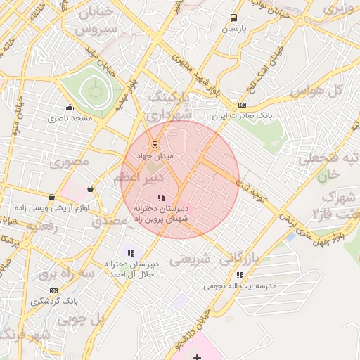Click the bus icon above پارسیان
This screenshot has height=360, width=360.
point(233,18)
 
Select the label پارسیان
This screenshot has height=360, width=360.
point(233,30)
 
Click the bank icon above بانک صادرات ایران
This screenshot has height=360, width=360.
point(243,105)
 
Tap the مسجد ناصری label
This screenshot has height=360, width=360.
point(70,119)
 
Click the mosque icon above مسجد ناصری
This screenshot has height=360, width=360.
point(70,108)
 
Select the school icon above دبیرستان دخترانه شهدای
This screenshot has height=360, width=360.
point(161,198)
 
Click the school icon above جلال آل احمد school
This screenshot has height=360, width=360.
point(130,253)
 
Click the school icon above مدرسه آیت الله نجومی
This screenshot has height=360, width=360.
point(240,275)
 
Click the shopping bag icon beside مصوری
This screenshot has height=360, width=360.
point(90,188)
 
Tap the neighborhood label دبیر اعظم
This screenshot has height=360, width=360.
point(139,179)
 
